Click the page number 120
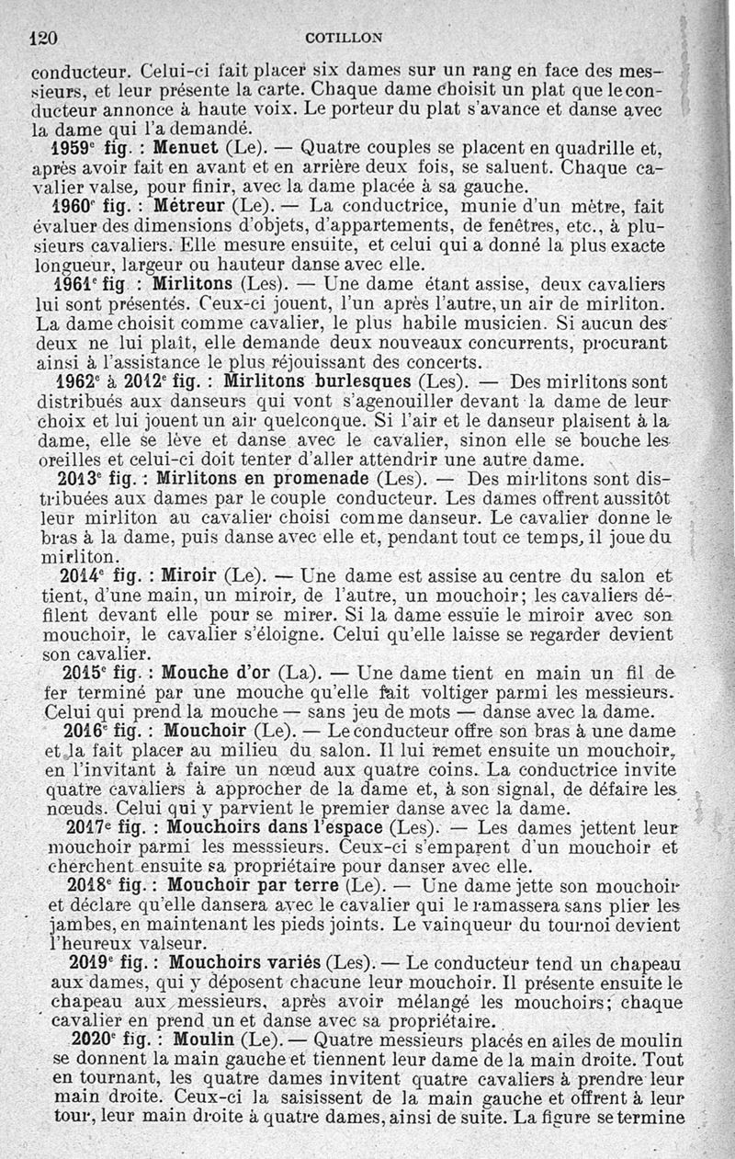coord(44,38)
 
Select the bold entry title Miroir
coord(188,577)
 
